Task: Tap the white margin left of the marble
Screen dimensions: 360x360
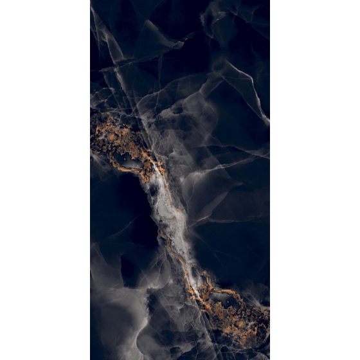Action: click(x=45, y=180)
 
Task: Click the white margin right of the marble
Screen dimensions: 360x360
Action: click(x=315, y=180)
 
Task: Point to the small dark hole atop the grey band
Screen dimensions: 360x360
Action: click(x=154, y=190)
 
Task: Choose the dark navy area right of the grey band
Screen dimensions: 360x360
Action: click(x=231, y=238)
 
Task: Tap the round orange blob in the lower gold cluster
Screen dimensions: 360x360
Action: click(x=241, y=325)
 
